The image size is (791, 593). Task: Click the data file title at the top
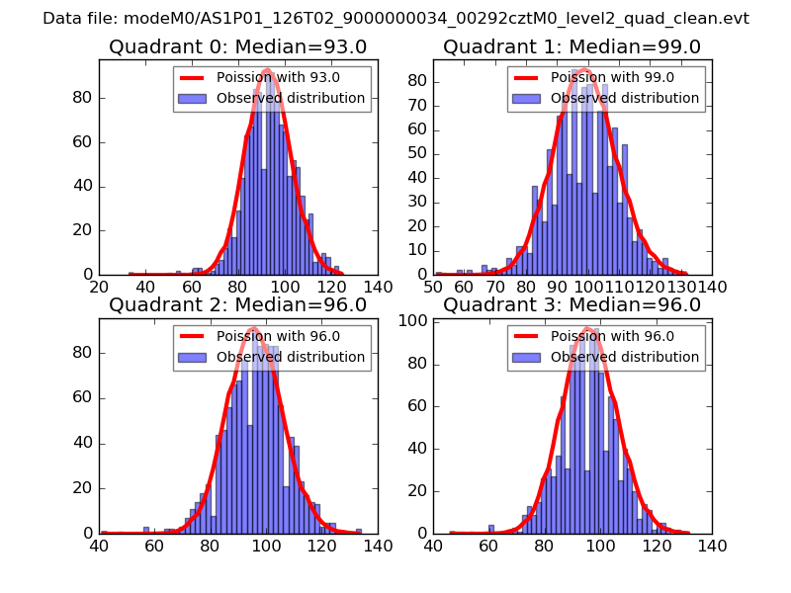tap(395, 19)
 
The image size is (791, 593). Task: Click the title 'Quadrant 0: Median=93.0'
tap(237, 46)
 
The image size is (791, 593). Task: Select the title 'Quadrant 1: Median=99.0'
tap(571, 46)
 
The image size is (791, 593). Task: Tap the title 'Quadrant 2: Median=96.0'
tap(237, 305)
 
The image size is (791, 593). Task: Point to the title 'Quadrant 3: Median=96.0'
tap(571, 305)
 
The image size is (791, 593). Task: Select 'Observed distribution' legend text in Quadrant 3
tap(625, 357)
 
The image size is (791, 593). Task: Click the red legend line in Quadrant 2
tap(193, 337)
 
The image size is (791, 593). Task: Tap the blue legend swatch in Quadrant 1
tap(527, 98)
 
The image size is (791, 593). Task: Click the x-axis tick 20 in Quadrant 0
tap(99, 288)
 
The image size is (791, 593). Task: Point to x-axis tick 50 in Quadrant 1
tap(433, 288)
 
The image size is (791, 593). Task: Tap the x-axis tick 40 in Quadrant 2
tap(99, 546)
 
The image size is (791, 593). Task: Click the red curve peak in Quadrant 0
tap(267, 70)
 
